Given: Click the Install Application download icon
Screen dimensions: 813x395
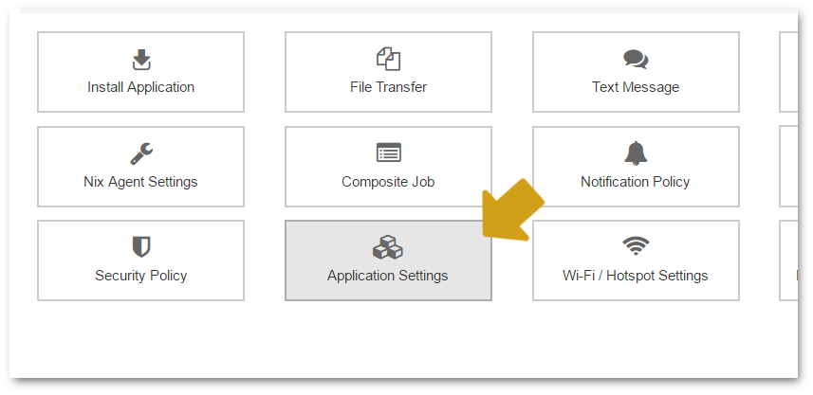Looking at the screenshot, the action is point(141,60).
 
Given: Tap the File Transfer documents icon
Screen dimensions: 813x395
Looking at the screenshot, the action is point(388,59).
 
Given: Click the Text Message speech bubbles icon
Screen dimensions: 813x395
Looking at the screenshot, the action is point(636,60).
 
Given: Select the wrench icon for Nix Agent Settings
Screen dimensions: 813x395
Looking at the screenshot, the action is point(141,154).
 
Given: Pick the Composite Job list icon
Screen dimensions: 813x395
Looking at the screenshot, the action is point(388,153).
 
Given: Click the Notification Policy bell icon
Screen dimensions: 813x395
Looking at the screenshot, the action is point(636,153).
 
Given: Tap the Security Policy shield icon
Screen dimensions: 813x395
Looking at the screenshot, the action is point(141,247).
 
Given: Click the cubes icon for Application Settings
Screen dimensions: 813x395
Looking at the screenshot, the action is point(388,247).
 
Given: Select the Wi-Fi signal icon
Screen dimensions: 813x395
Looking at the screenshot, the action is point(636,246).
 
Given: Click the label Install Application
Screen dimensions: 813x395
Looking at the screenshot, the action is point(141,87).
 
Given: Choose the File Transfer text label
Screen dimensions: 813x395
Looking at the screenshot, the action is point(388,87).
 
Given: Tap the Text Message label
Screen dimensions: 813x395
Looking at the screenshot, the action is point(636,87).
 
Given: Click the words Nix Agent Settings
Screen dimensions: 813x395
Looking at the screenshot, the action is point(140,182).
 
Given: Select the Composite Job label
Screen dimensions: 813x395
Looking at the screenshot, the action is point(388,182).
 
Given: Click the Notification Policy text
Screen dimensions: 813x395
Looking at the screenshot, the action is point(636,182).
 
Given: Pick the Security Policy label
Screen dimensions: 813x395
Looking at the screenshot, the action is point(141,276).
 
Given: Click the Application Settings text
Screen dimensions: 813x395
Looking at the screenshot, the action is point(388,276).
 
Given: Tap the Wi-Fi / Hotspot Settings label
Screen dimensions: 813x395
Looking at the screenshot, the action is point(636,276).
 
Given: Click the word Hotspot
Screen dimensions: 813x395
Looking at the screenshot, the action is point(630,276).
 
